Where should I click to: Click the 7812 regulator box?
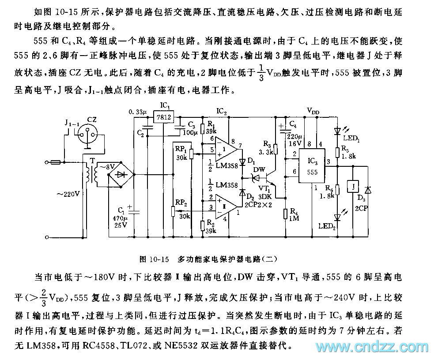(163, 117)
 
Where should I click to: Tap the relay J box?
(352, 187)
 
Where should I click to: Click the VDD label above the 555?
(313, 112)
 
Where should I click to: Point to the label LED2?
(327, 226)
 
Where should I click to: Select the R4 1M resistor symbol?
(286, 214)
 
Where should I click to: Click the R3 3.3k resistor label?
(267, 146)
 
